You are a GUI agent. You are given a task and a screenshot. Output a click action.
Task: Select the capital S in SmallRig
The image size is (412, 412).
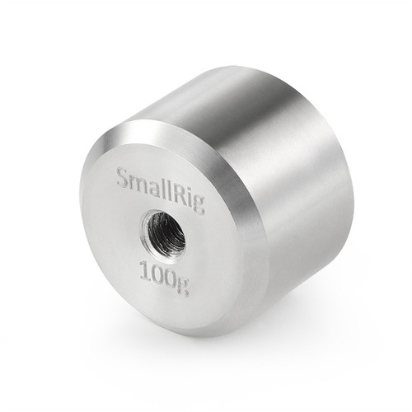point(122,176)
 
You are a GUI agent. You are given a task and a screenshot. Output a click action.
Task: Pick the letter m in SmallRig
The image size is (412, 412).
point(136,181)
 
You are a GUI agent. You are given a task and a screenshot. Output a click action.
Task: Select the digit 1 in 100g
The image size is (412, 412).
point(145,269)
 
